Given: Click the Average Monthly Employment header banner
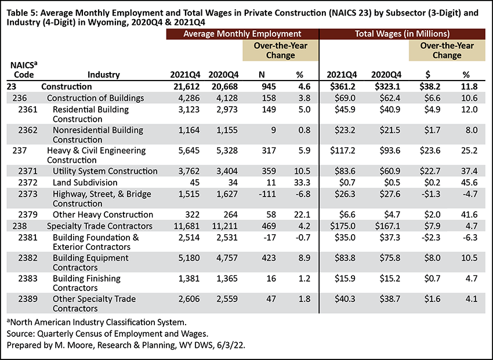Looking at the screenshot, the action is pos(242,34).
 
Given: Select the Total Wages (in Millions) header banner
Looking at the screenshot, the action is pos(403,34).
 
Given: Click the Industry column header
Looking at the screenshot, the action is pos(104,75).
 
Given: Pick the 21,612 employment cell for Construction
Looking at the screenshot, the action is pos(186,87).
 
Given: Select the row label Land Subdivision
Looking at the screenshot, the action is pos(85,183).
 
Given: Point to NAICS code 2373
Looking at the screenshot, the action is pos(28,194).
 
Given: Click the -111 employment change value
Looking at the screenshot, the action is pos(267,194).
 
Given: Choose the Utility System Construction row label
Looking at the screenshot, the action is pos(105,171).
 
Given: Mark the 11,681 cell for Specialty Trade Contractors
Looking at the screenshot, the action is pos(187,226).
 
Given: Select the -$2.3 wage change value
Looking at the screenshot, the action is pos(430,238).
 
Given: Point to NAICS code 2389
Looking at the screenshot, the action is pos(28,299).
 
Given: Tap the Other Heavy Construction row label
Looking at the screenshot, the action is pos(103,214).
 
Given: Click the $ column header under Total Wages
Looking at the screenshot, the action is pos(427,75).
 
